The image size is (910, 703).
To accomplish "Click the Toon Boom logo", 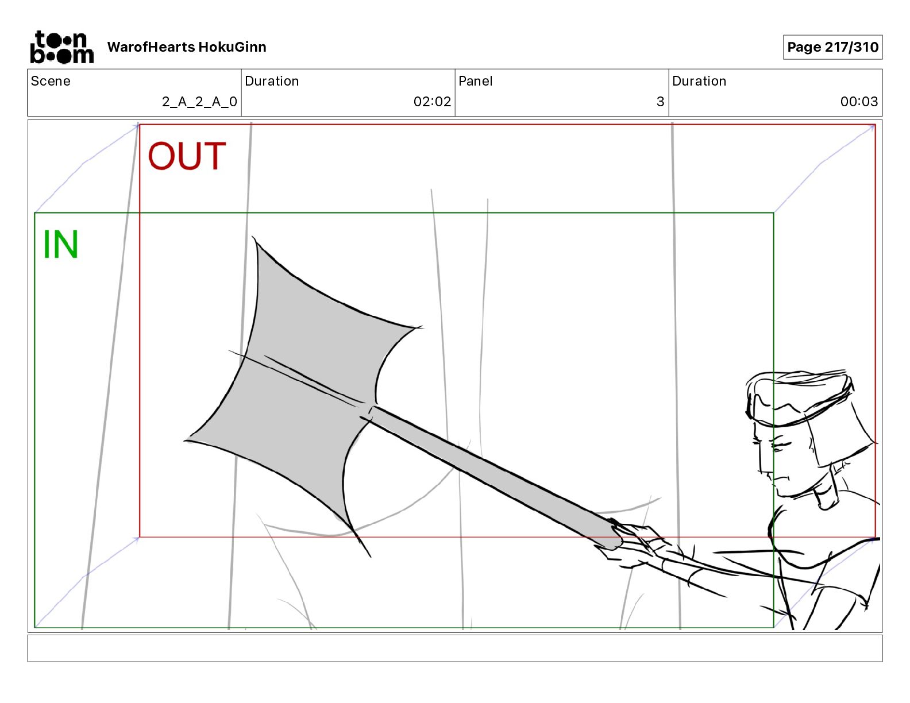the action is click(x=61, y=47).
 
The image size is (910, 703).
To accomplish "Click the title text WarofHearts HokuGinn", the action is click(x=187, y=47).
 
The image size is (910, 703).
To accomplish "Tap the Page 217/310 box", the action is click(x=832, y=47).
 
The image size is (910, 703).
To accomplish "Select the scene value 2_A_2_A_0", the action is click(x=199, y=102).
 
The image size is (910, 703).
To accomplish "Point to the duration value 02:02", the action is click(x=432, y=102).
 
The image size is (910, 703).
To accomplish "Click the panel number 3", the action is click(x=660, y=102).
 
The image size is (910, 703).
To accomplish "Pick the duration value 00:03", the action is click(x=859, y=102).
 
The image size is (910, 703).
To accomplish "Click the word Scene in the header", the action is click(x=51, y=81).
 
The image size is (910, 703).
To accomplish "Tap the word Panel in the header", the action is click(x=475, y=81).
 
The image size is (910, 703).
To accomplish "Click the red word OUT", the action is click(x=187, y=156).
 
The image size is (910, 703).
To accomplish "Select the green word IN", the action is click(x=60, y=245).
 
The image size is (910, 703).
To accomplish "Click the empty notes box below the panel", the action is click(x=454, y=648).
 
